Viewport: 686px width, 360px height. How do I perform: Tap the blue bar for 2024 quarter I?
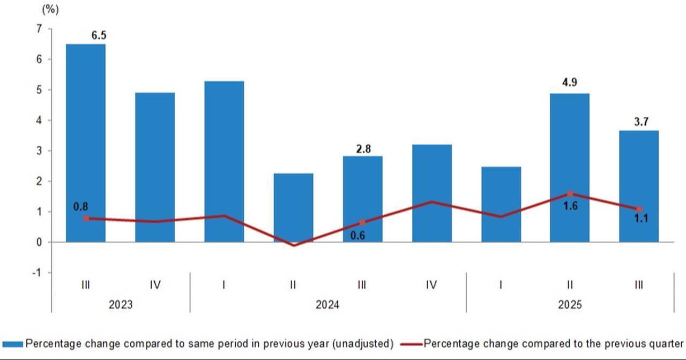(x=224, y=161)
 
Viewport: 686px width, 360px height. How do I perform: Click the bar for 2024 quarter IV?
(x=431, y=193)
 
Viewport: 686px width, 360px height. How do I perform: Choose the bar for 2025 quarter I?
(x=501, y=204)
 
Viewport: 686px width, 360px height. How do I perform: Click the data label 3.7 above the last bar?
(x=641, y=122)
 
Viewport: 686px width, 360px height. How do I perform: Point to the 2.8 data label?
(x=363, y=149)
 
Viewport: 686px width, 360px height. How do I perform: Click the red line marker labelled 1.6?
(x=570, y=194)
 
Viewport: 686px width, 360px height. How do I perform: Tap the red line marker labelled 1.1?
(x=639, y=209)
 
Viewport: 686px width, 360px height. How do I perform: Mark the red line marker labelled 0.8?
(x=86, y=218)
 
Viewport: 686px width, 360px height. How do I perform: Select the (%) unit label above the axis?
(x=50, y=10)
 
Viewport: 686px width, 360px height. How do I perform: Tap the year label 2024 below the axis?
(x=327, y=305)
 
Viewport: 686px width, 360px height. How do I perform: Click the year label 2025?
(x=570, y=305)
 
